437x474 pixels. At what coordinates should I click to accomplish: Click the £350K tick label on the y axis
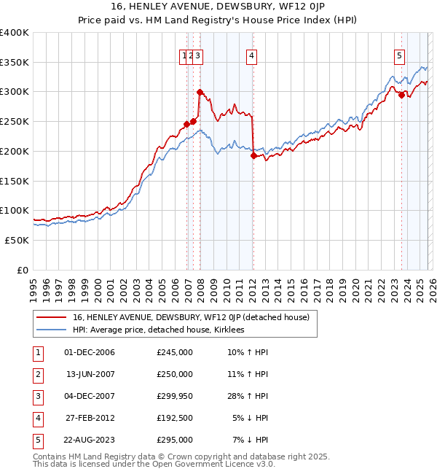coord(15,63)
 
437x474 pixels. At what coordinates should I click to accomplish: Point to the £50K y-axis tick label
coord(17,240)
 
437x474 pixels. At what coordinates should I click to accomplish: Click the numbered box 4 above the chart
coord(251,55)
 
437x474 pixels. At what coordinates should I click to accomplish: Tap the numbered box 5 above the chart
coord(400,55)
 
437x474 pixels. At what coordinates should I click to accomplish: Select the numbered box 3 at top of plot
coord(198,55)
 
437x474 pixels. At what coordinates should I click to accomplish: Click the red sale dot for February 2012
coord(253,155)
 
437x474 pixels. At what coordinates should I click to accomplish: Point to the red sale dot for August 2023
coord(401,95)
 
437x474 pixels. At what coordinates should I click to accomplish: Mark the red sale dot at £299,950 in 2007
coord(200,92)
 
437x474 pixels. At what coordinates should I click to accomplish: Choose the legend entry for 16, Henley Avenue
coord(191,317)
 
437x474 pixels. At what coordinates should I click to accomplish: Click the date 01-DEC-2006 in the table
coord(90,352)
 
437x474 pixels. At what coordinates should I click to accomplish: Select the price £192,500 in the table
coord(175,418)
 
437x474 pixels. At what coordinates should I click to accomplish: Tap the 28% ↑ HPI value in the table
coord(248,396)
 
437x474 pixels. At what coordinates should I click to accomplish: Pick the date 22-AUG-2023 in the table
coord(90,440)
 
